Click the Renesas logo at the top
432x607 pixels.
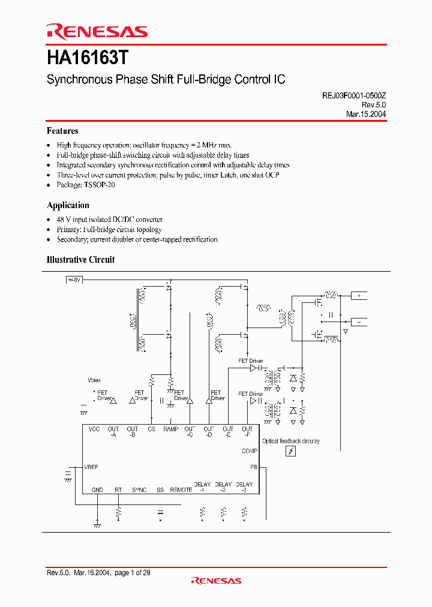[x=97, y=32]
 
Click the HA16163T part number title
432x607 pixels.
[x=87, y=58]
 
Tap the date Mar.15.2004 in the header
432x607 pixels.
[x=366, y=114]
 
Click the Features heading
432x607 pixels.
[x=62, y=131]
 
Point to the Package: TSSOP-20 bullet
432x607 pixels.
[x=86, y=185]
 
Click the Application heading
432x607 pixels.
[x=68, y=205]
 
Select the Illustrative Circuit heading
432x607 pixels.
[x=80, y=260]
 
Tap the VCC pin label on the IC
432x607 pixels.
[x=94, y=429]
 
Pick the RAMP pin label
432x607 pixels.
[x=170, y=429]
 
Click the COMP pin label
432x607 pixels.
[x=250, y=451]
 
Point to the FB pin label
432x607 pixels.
[x=254, y=467]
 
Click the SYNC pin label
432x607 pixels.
[x=139, y=490]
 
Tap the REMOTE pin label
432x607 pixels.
[x=181, y=490]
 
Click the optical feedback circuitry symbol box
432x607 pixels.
[x=290, y=451]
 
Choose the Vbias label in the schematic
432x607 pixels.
[x=94, y=380]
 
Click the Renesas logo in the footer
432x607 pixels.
[x=216, y=581]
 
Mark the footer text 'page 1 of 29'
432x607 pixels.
[x=132, y=573]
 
